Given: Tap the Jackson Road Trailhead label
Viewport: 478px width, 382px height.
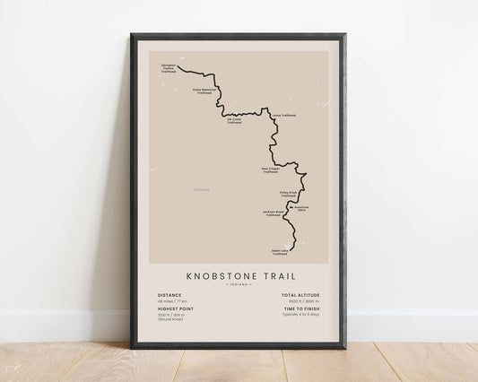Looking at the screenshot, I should (x=274, y=214).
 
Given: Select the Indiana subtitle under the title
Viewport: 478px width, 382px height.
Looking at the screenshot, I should (x=239, y=286).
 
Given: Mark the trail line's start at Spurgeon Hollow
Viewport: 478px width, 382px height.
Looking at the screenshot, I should (x=178, y=66).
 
